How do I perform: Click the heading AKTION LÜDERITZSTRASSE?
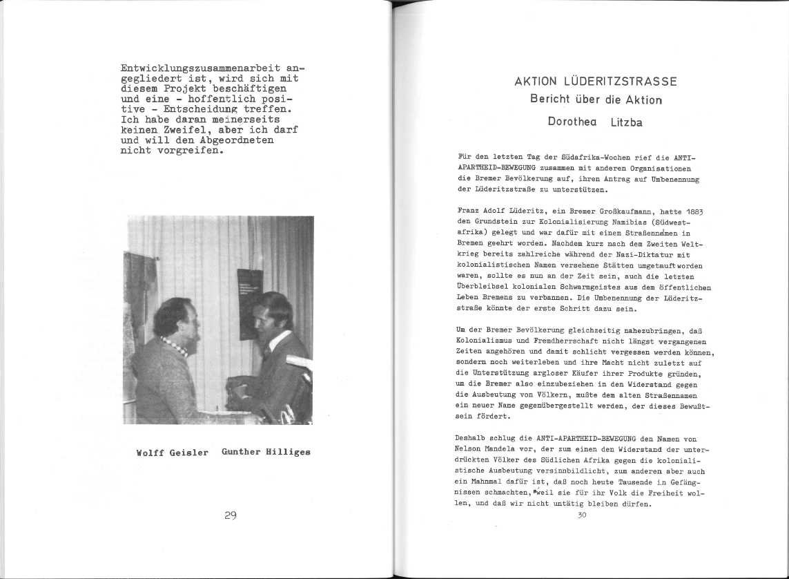596,82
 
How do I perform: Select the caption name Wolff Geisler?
173,453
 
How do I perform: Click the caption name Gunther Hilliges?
266,452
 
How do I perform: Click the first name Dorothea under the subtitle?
572,122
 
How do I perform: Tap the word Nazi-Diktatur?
634,256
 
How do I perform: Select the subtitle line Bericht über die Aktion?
596,99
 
